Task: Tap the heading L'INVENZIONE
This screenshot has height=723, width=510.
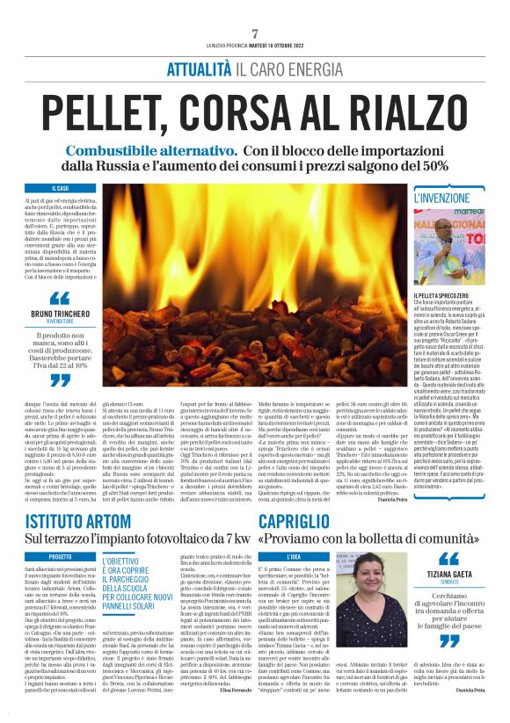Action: [444, 199]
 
